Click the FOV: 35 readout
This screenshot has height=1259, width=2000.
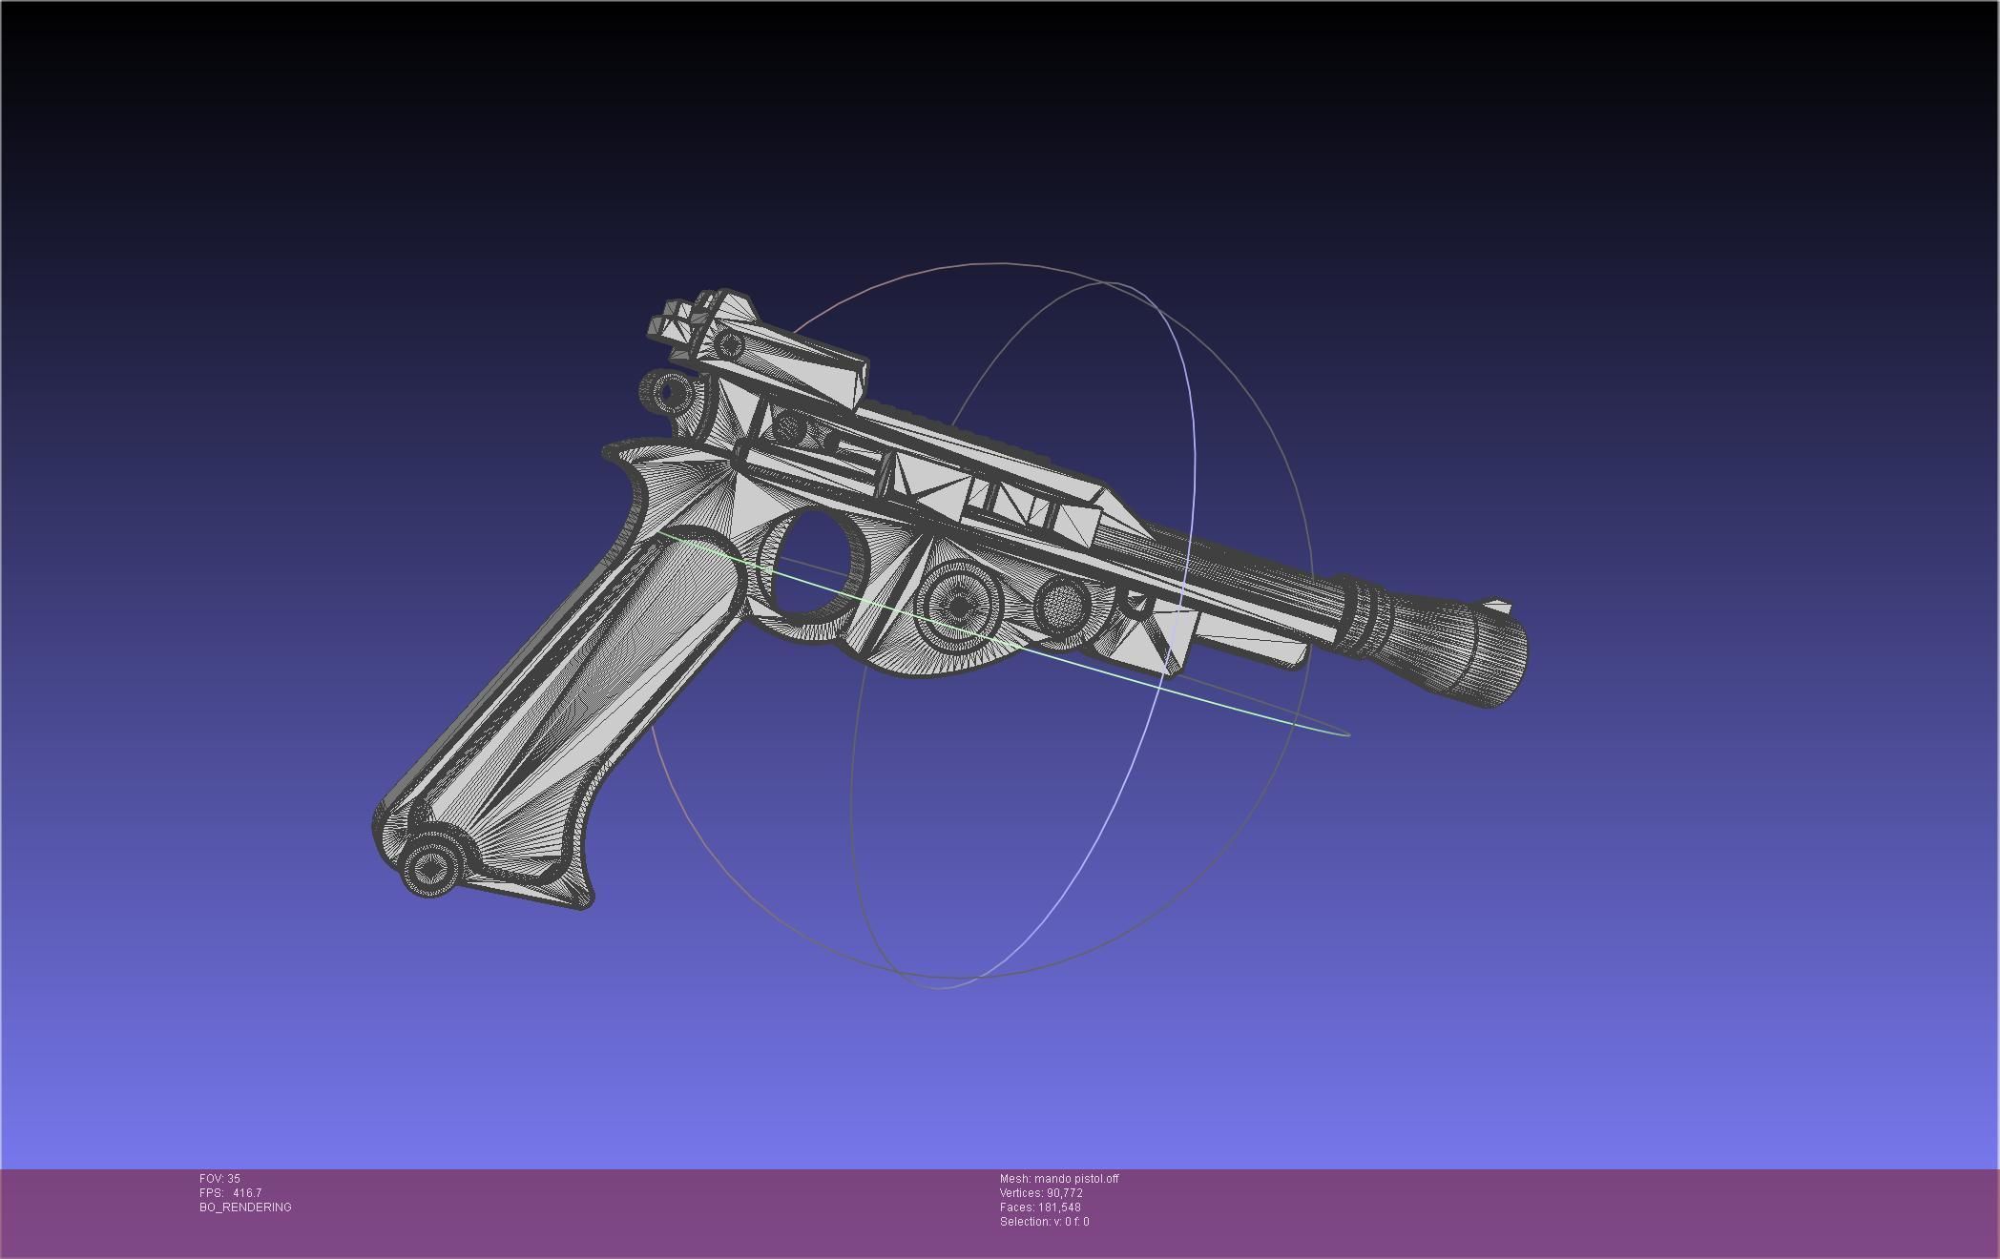click(x=219, y=1179)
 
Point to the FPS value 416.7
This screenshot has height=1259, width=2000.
click(x=246, y=1193)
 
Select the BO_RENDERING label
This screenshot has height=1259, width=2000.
click(x=245, y=1207)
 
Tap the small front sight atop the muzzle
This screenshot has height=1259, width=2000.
click(x=1497, y=607)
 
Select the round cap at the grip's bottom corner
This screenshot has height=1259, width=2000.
click(x=430, y=868)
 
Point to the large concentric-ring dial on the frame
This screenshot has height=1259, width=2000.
click(x=959, y=607)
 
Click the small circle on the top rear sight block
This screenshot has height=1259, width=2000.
click(x=730, y=344)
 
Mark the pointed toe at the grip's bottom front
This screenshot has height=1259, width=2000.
click(x=584, y=897)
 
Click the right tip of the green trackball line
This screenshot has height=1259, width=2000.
click(x=1347, y=734)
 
